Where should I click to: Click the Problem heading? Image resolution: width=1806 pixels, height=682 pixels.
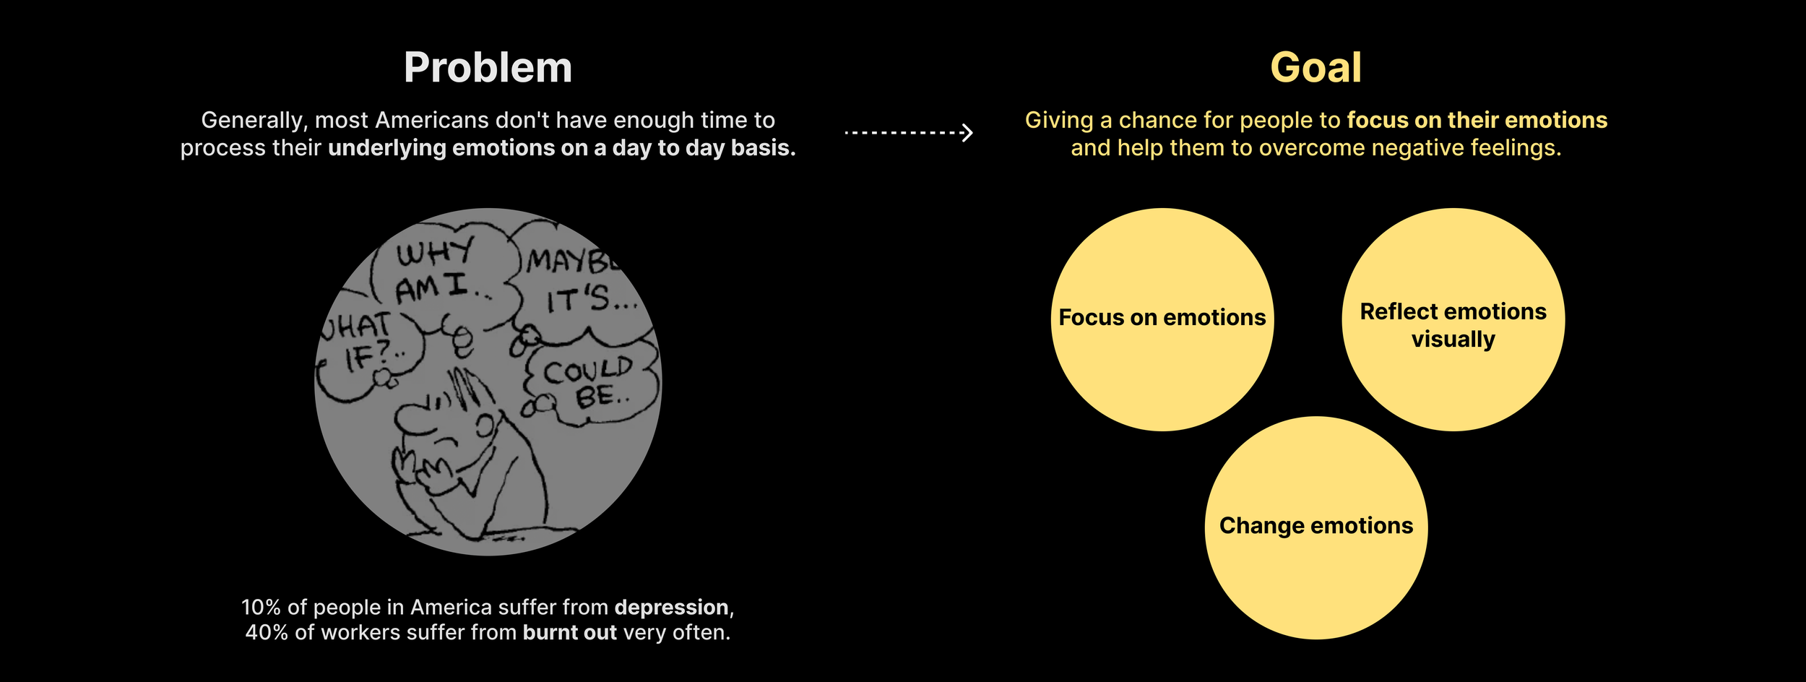pos(488,68)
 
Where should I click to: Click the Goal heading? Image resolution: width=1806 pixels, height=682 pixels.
pos(1315,68)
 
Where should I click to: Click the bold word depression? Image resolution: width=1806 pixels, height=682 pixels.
pos(671,608)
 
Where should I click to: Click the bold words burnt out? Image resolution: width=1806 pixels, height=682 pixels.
pos(569,633)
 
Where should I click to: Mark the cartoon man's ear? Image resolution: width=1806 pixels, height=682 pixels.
pos(486,426)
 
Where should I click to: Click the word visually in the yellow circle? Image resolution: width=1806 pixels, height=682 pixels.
pos(1453,339)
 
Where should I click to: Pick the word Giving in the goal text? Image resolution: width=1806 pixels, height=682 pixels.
pos(1058,120)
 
